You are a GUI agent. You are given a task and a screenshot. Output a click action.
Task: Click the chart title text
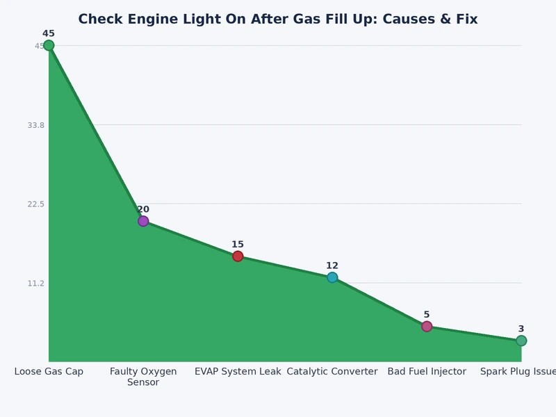[x=278, y=19]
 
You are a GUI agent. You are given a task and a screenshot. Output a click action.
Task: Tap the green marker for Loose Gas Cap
[x=49, y=46]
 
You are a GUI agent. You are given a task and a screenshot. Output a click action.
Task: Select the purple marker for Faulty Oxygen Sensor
[x=143, y=221]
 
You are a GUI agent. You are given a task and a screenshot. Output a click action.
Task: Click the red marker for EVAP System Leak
[x=238, y=256]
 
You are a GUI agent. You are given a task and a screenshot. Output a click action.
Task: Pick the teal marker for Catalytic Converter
[x=332, y=277]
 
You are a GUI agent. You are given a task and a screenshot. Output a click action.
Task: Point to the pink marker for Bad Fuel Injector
[x=427, y=327]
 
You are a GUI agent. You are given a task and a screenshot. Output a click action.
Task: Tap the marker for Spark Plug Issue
[x=521, y=341]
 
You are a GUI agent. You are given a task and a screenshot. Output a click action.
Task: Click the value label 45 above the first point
[x=49, y=33]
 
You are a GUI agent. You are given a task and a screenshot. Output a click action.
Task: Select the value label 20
[x=143, y=209]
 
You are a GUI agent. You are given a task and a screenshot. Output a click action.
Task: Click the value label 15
[x=238, y=245]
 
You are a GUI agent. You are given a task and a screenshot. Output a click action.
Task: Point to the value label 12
[x=332, y=265]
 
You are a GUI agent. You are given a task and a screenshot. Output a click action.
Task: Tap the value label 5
[x=427, y=315]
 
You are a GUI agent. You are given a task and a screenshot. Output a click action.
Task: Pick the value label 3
[x=521, y=329]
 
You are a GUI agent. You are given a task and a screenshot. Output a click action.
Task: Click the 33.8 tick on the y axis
[x=35, y=125]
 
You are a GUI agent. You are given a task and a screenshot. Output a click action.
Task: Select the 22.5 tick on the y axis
[x=35, y=204]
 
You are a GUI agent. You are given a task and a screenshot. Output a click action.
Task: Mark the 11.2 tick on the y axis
[x=35, y=283]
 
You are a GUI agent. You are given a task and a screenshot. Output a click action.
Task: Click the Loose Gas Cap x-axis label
[x=49, y=372]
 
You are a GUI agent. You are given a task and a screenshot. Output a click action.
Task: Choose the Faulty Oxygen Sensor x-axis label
[x=143, y=377]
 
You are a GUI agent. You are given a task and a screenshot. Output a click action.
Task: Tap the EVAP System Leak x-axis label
[x=238, y=372]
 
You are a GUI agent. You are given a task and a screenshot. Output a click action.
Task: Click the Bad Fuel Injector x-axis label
[x=427, y=372]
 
